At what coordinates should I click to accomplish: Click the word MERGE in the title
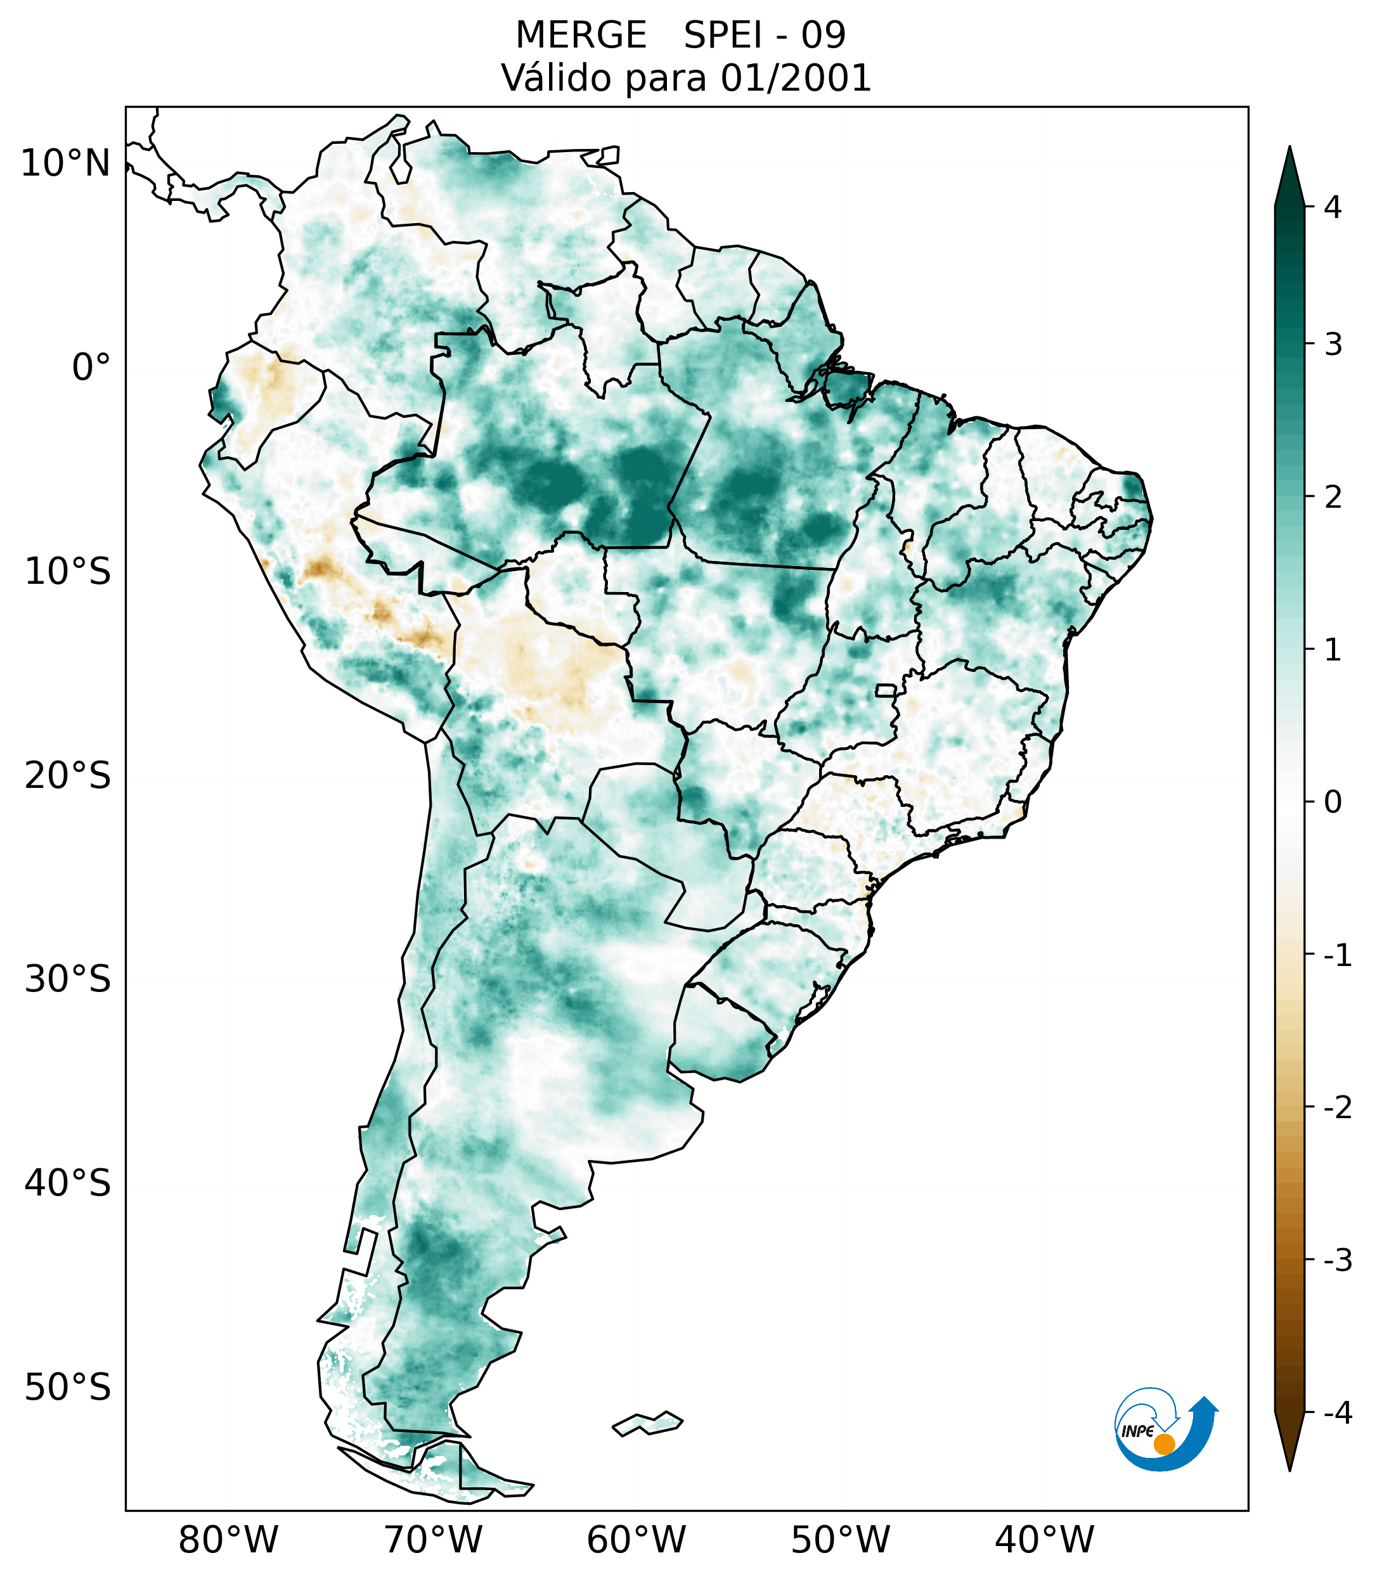[580, 35]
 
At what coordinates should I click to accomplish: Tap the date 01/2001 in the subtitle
[796, 78]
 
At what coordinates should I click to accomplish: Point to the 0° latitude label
[91, 368]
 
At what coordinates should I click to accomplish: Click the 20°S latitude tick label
[68, 776]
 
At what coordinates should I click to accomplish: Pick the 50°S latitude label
[68, 1388]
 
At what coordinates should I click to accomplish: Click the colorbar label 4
[1333, 207]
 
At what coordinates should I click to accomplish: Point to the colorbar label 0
[1333, 802]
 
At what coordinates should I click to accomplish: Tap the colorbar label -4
[1337, 1413]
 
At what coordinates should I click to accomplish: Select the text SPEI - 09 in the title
[765, 35]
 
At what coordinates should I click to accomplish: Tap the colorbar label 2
[1333, 498]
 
